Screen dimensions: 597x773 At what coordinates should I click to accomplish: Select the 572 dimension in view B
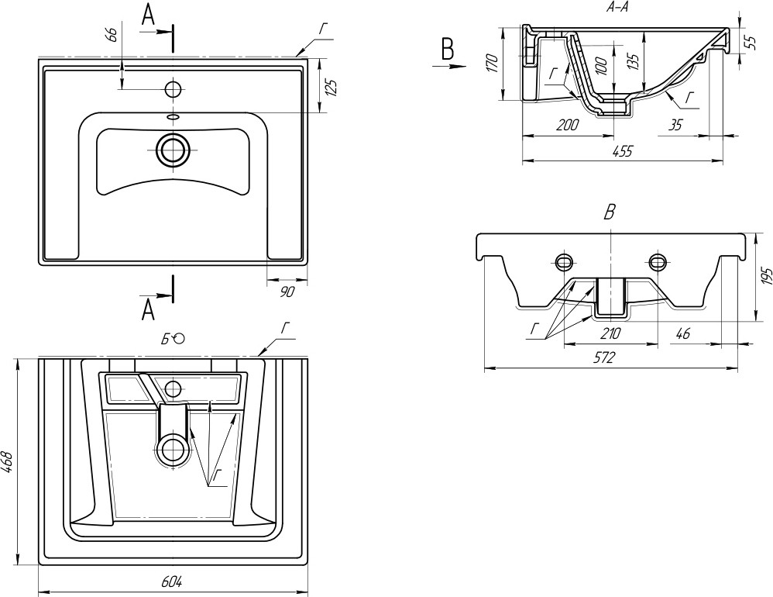pyautogui.click(x=604, y=359)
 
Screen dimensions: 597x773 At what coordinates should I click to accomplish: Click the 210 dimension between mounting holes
pyautogui.click(x=611, y=334)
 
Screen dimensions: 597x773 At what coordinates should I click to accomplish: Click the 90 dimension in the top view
pyautogui.click(x=286, y=292)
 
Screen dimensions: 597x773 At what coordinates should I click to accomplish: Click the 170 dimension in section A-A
pyautogui.click(x=492, y=64)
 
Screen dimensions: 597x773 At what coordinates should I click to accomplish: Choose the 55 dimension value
pyautogui.click(x=750, y=42)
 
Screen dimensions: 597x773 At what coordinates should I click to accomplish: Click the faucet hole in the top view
pyautogui.click(x=173, y=88)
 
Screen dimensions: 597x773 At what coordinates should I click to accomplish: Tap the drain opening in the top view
pyautogui.click(x=173, y=149)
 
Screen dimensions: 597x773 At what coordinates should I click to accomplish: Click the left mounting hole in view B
pyautogui.click(x=564, y=259)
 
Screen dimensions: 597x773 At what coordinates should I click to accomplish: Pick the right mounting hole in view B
pyautogui.click(x=658, y=259)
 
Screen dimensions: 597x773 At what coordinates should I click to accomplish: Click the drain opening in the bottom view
pyautogui.click(x=173, y=448)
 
